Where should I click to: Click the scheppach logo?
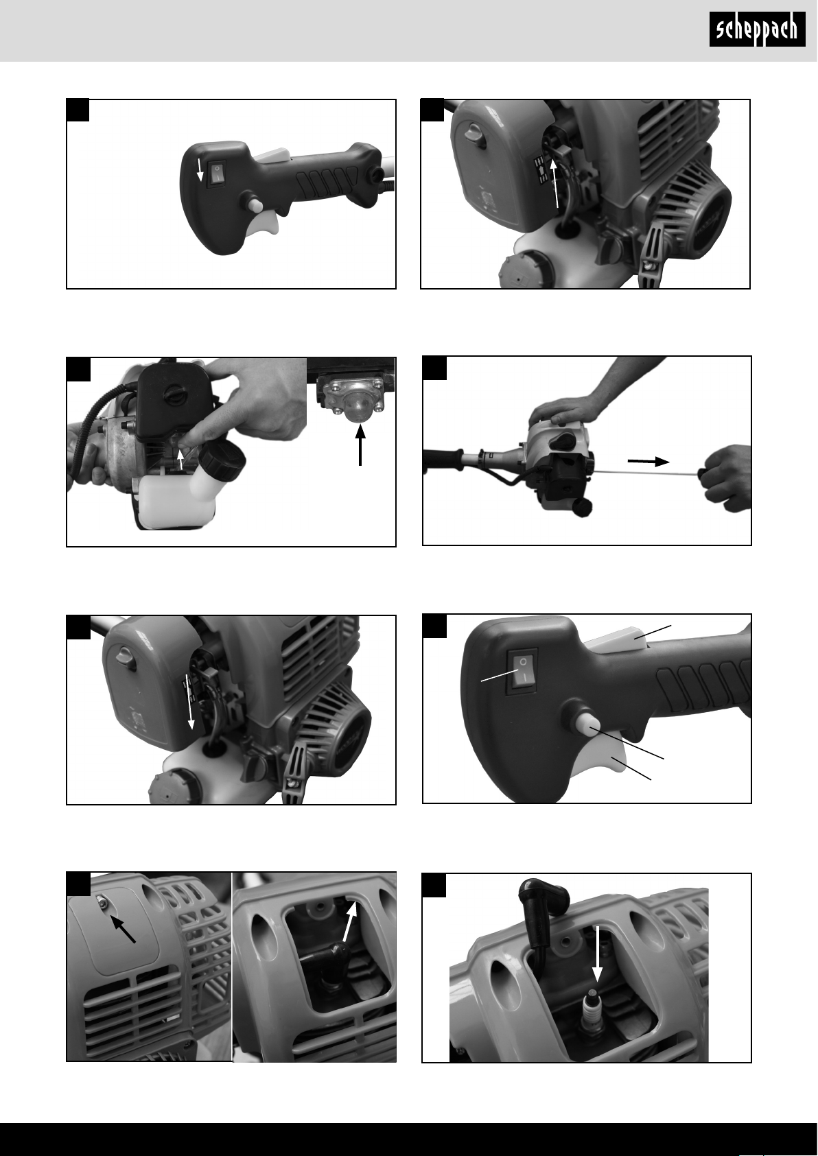[757, 29]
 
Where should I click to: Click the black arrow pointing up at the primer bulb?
[360, 445]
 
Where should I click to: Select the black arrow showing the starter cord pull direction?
[648, 462]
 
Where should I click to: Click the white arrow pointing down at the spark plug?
[598, 953]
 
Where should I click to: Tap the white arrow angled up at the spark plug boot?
[351, 919]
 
